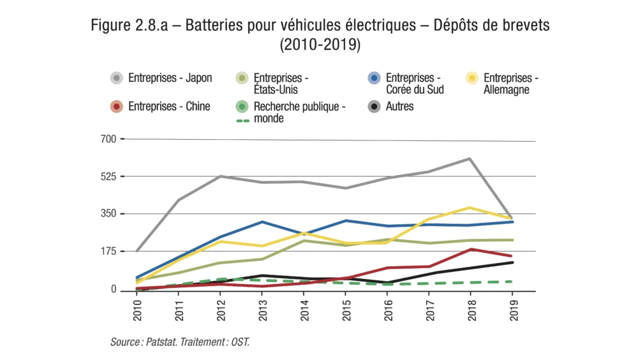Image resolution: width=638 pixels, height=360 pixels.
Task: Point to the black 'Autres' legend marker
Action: pos(375,107)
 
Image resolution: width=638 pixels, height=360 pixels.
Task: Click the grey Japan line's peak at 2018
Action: pos(470,158)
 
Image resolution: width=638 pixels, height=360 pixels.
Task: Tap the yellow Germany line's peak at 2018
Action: pos(470,207)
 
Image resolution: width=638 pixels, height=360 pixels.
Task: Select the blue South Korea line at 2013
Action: pos(262,222)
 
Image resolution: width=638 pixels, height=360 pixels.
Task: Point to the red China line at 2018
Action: pos(470,249)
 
